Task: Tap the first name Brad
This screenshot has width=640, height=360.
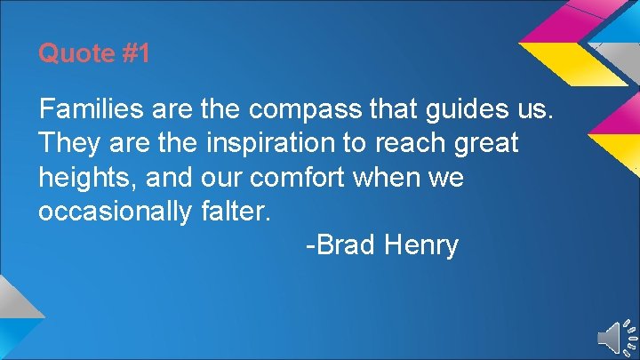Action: [345, 244]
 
